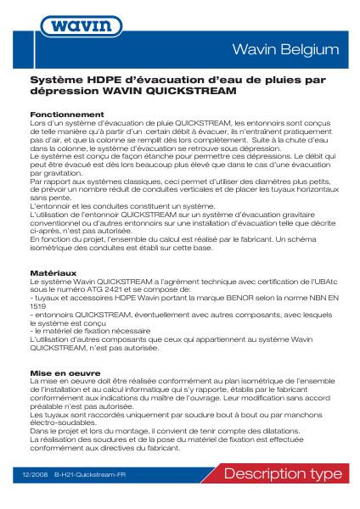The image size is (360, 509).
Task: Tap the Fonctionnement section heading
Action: [x=67, y=114]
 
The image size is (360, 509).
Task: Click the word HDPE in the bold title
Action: [x=103, y=78]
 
